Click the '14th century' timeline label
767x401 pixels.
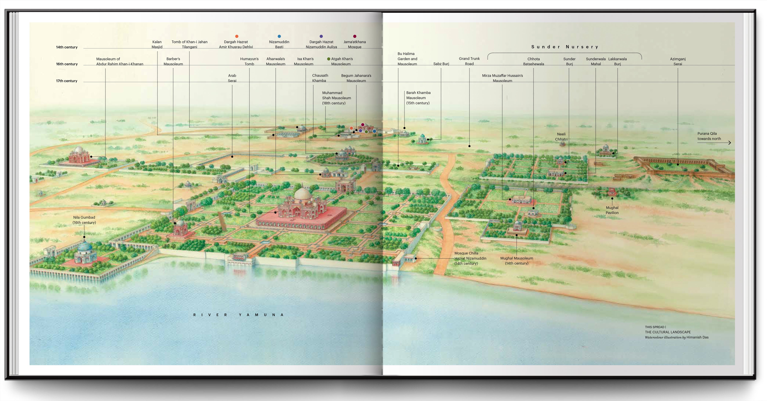(67, 47)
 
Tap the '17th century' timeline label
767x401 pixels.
(67, 81)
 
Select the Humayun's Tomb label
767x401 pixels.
(249, 61)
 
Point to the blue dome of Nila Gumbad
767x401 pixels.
(85, 247)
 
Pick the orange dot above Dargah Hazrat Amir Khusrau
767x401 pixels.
(237, 36)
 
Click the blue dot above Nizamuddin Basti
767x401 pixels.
(279, 36)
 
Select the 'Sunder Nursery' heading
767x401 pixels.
(565, 47)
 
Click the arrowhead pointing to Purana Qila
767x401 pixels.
(730, 143)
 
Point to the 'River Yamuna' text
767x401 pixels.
(238, 315)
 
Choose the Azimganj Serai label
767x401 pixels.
(678, 61)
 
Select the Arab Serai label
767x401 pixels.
(232, 78)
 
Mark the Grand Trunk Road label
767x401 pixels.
(469, 61)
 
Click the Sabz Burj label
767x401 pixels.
(441, 64)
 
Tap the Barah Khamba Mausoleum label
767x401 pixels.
(418, 98)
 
